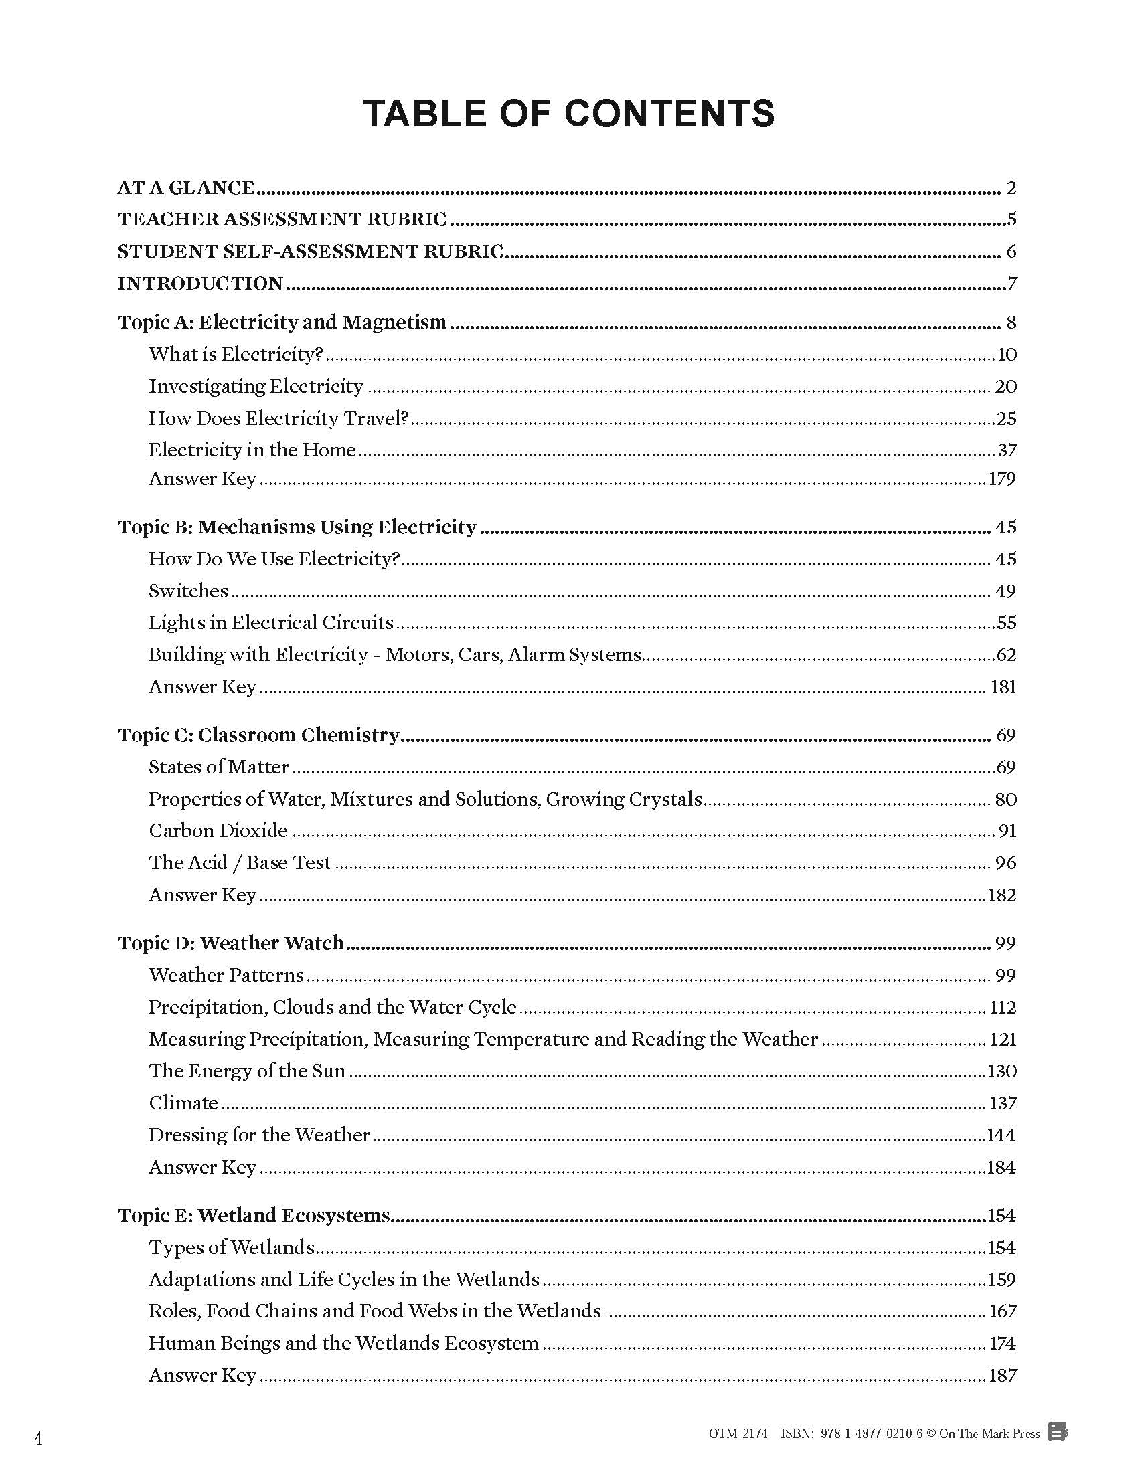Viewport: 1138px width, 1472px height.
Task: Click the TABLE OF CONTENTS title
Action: tap(568, 113)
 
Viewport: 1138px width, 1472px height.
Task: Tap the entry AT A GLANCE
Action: tap(186, 188)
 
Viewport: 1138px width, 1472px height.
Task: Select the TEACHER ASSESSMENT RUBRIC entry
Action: tap(282, 219)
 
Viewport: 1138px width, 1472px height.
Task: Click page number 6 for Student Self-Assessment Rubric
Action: tap(1011, 252)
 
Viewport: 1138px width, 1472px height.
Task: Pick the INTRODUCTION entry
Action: tap(200, 284)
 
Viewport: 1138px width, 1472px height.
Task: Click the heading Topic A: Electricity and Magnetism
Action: tap(282, 323)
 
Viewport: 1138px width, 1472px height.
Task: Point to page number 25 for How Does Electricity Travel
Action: tap(1006, 419)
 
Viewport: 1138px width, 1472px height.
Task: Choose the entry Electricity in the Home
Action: tap(252, 450)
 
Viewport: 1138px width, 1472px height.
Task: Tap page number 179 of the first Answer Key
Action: tap(1003, 479)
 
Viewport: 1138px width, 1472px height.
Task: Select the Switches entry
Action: tap(189, 591)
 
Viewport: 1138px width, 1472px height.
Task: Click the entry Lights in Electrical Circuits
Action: tap(271, 622)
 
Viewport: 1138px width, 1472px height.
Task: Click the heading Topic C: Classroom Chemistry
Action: tap(259, 735)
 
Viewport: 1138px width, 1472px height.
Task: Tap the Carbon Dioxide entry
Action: tap(218, 830)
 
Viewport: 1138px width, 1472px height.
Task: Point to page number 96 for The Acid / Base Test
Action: tap(1005, 863)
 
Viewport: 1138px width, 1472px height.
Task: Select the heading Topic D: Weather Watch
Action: tap(230, 943)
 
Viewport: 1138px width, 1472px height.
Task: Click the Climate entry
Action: tap(183, 1103)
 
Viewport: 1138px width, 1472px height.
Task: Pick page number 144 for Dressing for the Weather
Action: tap(1001, 1135)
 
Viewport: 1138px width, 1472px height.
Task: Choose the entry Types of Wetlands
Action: tap(232, 1248)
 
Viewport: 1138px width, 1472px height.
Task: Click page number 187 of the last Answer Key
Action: tap(1003, 1376)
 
